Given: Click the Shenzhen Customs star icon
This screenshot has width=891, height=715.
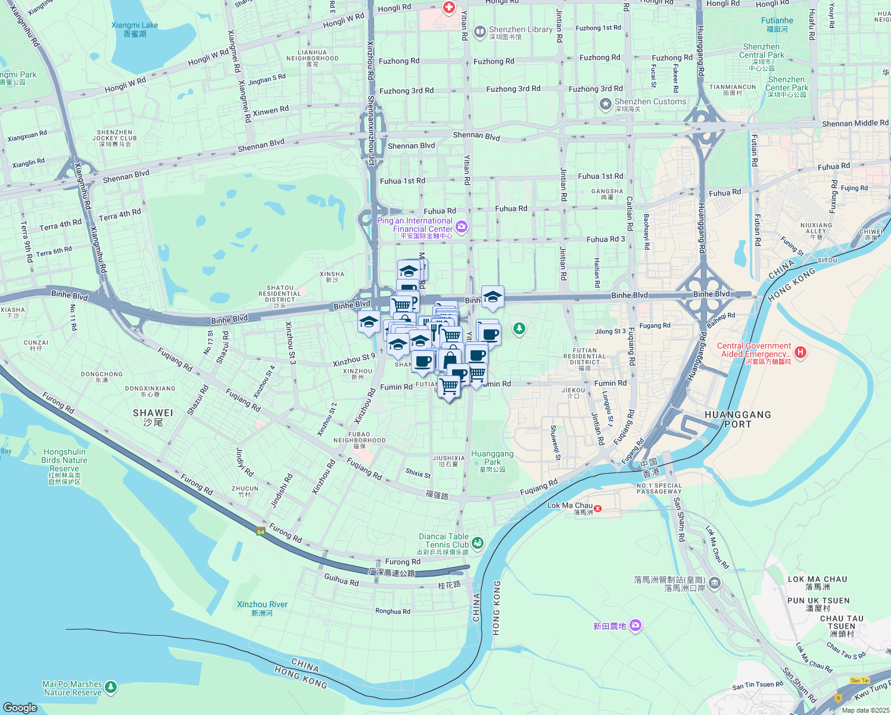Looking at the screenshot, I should (x=606, y=105).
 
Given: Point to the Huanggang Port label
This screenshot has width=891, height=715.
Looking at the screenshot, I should (x=737, y=419).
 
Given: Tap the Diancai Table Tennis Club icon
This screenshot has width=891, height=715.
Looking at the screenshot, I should (x=477, y=543).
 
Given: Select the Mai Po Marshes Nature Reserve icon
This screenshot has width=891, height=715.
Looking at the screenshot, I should (x=110, y=688).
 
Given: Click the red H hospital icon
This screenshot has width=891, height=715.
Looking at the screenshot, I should (x=800, y=352).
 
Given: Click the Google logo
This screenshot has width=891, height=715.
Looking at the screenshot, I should (x=20, y=707).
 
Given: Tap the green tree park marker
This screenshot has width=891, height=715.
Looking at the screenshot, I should (x=519, y=328).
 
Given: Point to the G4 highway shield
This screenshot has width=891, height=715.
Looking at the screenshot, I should (x=261, y=531).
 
